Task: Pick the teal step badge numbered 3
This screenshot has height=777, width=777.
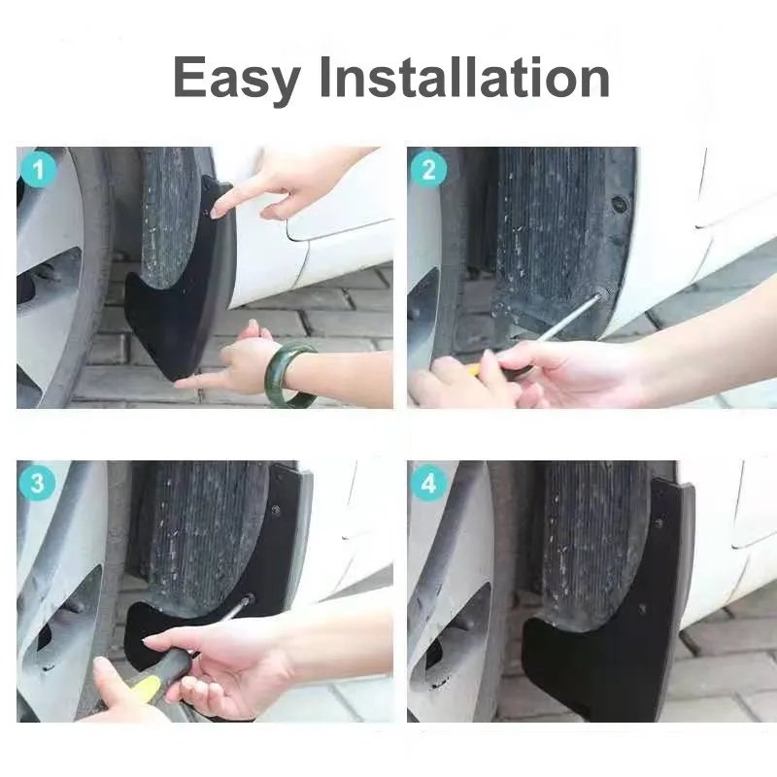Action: (38, 483)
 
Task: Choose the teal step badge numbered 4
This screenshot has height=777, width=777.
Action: (428, 483)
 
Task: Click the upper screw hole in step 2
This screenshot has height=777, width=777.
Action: (619, 204)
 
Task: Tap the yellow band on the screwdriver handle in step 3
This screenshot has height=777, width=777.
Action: (146, 689)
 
